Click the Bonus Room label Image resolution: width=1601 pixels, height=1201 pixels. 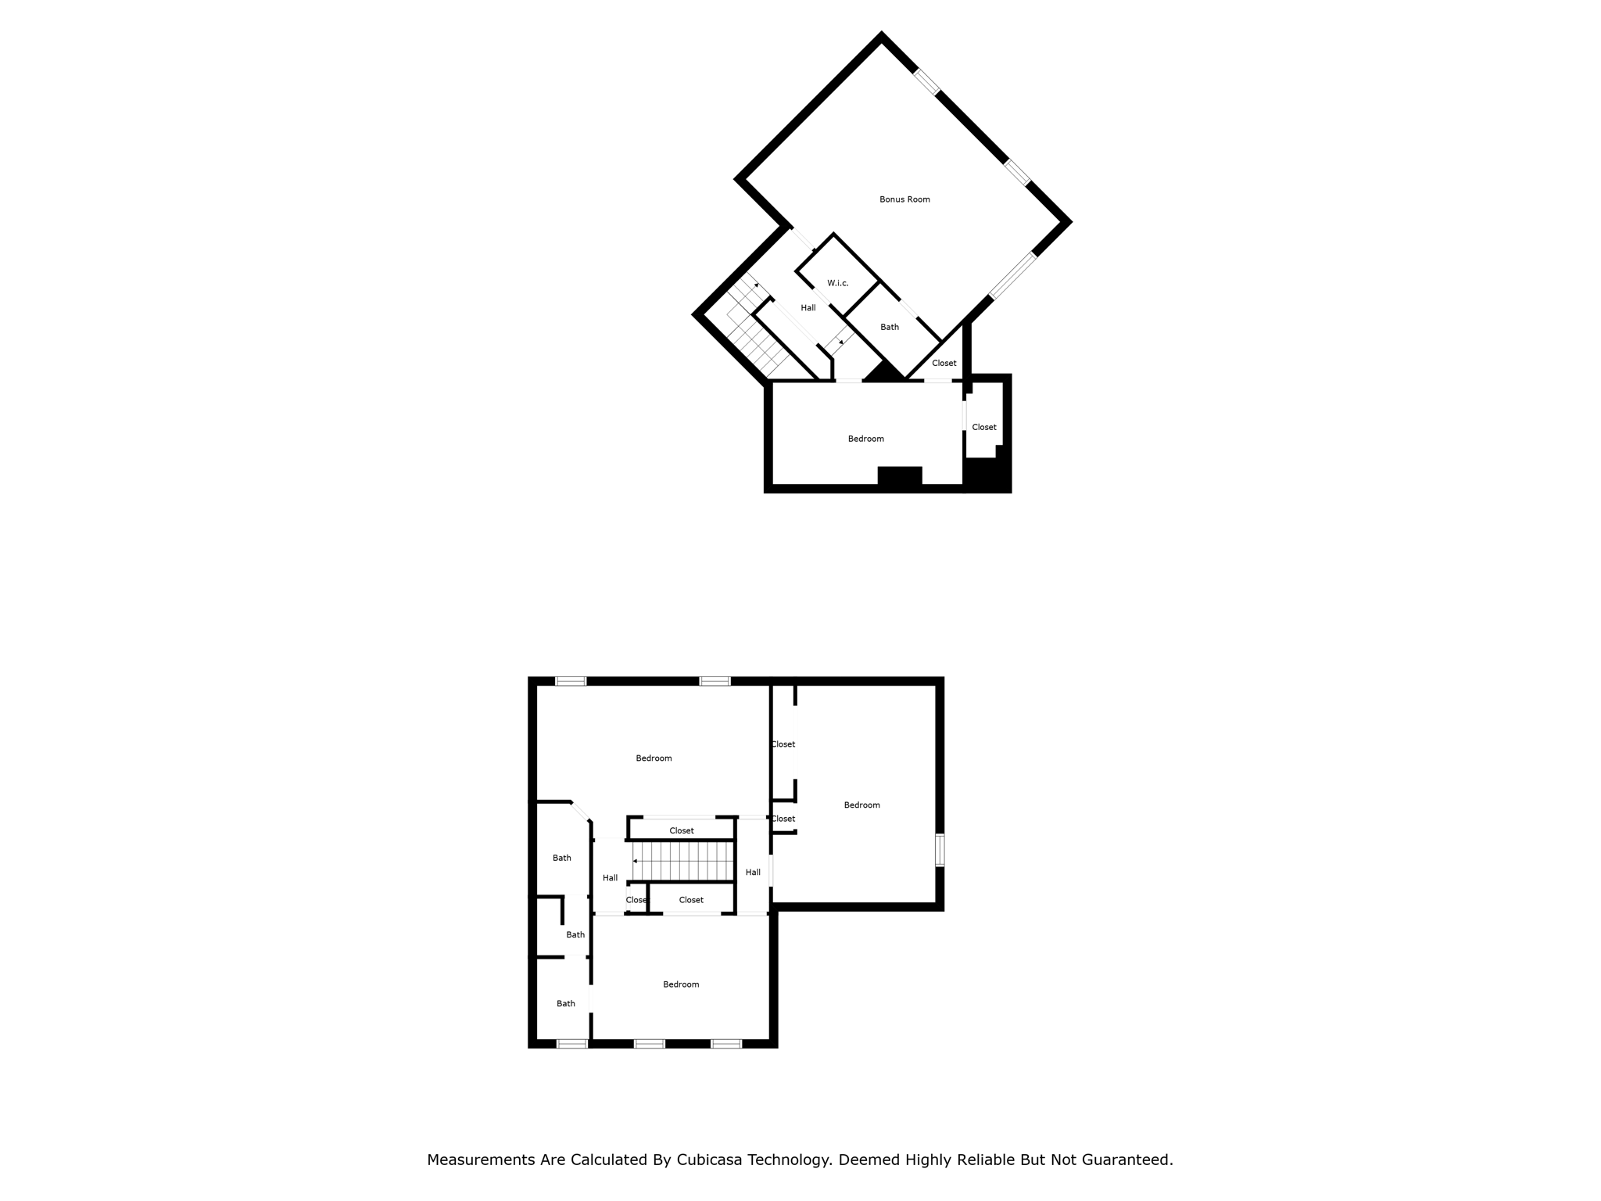[904, 199]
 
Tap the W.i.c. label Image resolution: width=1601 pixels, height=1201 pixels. [837, 283]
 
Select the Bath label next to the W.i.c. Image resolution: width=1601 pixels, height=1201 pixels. [890, 327]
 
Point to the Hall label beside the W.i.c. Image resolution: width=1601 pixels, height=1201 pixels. [808, 308]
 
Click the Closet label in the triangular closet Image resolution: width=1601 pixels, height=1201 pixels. [944, 363]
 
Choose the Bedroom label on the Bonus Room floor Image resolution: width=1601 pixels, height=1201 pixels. [866, 439]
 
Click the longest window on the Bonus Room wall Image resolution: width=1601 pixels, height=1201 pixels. [1012, 276]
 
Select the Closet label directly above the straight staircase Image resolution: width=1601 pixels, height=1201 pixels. [682, 830]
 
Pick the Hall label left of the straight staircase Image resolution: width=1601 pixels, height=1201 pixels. [611, 878]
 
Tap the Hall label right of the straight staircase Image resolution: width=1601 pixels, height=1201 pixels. [753, 873]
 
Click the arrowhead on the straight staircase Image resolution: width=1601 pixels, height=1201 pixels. [636, 861]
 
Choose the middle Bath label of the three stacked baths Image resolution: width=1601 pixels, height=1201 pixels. [575, 935]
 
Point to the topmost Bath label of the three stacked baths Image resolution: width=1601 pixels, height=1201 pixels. [562, 858]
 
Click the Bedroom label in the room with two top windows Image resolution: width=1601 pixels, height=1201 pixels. [654, 758]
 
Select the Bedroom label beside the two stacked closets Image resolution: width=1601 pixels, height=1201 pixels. [862, 805]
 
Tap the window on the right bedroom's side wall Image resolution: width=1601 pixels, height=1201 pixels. [940, 850]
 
